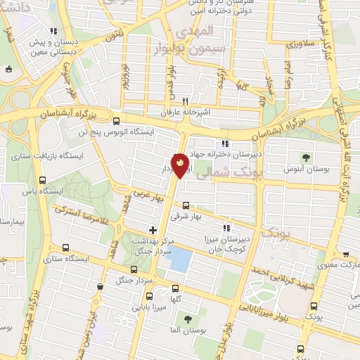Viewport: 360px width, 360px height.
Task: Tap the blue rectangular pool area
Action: (x=181, y=261)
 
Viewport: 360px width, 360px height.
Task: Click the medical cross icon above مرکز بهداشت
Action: (x=152, y=230)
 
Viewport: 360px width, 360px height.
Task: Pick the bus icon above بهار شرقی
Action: (x=186, y=206)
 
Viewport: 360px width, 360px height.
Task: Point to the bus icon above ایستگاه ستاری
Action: (x=65, y=247)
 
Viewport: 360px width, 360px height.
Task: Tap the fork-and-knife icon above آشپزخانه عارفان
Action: (x=186, y=100)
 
